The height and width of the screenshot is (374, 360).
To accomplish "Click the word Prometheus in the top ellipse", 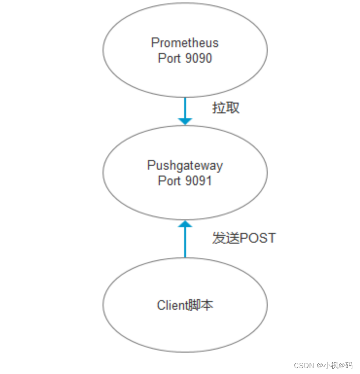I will coord(185,43).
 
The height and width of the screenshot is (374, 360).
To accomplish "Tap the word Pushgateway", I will coord(185,165).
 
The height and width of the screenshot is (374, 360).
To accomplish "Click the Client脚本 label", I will coord(185,305).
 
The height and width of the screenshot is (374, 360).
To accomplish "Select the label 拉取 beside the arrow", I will coord(226,108).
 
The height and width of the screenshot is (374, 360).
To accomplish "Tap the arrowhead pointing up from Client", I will coord(185,225).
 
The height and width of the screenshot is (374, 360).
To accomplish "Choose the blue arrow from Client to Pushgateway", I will coord(185,241).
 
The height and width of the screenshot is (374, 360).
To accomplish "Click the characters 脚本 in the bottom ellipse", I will coord(205,305).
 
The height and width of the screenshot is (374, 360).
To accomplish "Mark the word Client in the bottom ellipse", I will coord(172,305).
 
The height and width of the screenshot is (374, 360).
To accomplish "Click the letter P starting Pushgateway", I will coord(151,165).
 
